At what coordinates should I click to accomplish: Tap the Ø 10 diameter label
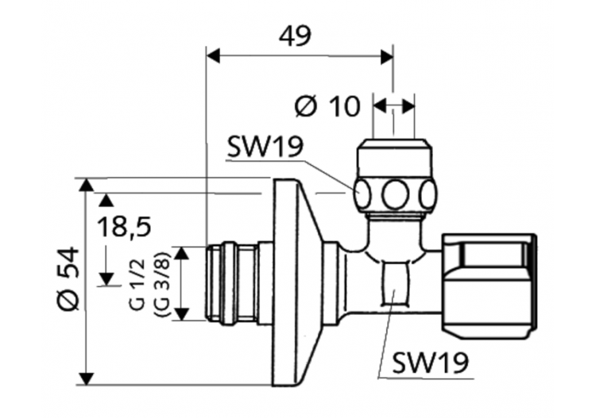[327, 105]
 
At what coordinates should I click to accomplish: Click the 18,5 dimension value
[124, 228]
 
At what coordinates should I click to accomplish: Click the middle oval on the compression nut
[394, 193]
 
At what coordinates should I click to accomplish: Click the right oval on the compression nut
[428, 193]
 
